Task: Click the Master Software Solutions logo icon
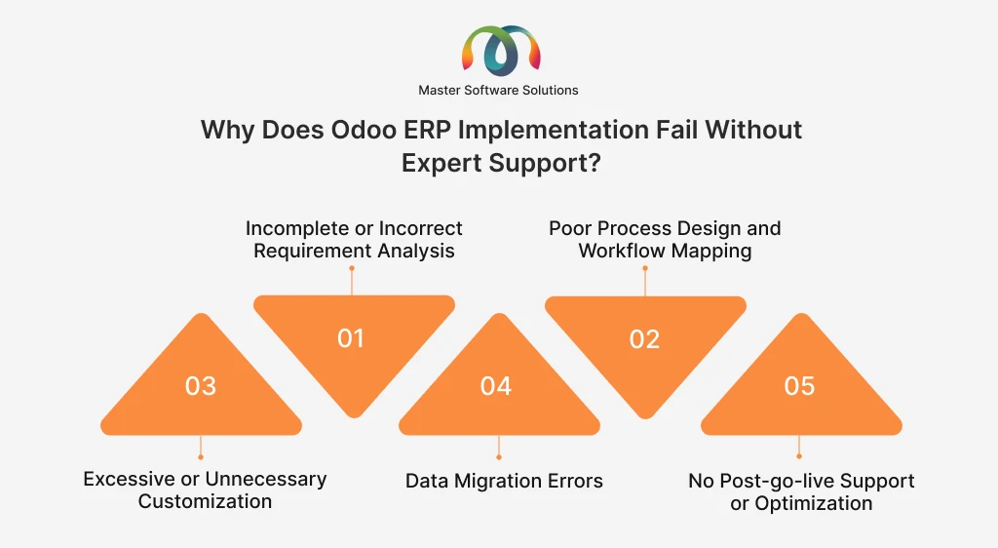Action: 501,51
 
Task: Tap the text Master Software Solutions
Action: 498,91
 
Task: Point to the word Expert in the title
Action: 441,164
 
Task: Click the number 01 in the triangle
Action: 351,338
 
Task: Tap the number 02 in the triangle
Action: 645,339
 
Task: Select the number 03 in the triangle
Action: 201,386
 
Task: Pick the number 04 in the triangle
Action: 496,386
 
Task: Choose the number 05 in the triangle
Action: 799,386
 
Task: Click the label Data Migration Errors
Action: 504,481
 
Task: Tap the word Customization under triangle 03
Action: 205,501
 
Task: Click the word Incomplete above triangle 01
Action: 298,228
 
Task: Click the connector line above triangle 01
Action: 351,282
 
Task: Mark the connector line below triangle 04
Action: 498,447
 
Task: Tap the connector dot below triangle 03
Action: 201,457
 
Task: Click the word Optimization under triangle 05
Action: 814,503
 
